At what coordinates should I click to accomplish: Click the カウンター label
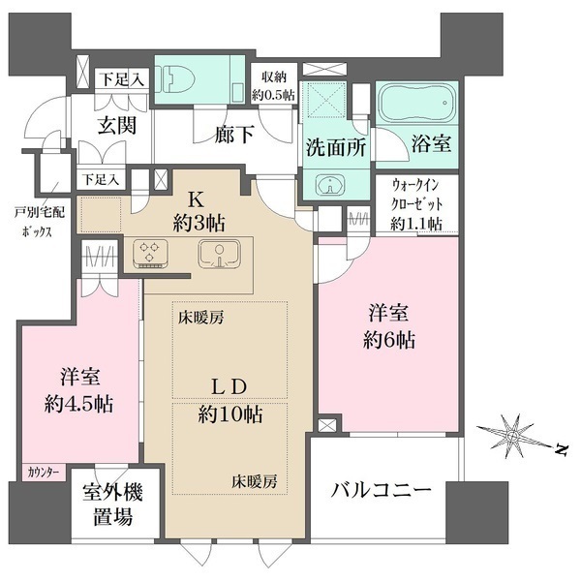pyautogui.click(x=44, y=472)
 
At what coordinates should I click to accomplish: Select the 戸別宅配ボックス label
pyautogui.click(x=38, y=226)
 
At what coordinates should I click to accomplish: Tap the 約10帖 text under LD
pyautogui.click(x=230, y=415)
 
